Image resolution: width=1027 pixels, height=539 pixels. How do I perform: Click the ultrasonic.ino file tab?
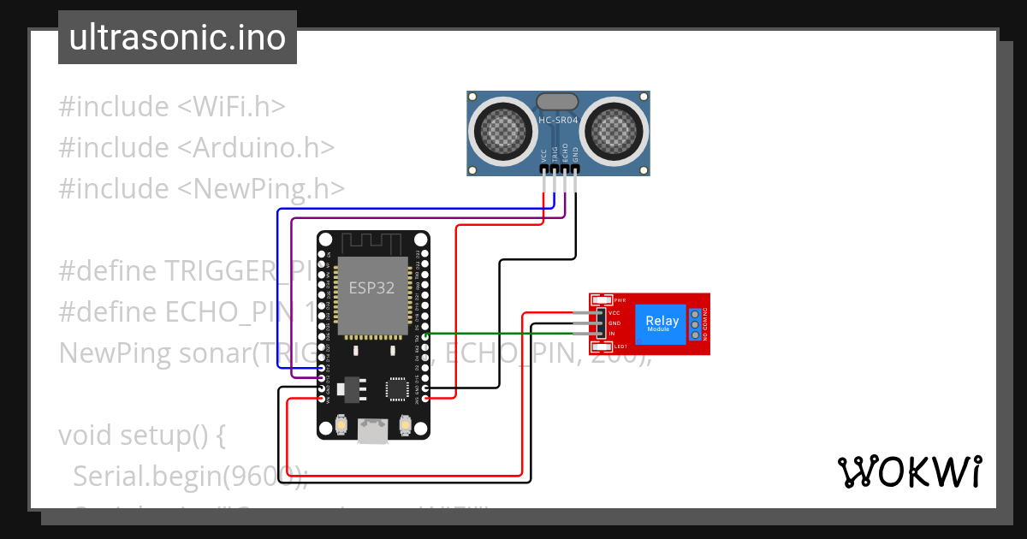point(177,38)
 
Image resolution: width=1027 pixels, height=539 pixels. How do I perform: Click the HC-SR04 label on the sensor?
point(558,121)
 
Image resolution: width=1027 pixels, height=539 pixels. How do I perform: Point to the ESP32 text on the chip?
point(371,287)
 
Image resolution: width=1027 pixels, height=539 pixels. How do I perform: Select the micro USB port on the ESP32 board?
point(372,431)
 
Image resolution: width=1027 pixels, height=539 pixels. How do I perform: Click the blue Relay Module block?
point(662,324)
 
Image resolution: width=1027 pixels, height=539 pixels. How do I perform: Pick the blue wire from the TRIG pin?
point(277,282)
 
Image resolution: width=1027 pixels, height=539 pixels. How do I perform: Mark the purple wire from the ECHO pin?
point(293,291)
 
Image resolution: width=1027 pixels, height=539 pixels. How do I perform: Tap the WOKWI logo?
point(909,471)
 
